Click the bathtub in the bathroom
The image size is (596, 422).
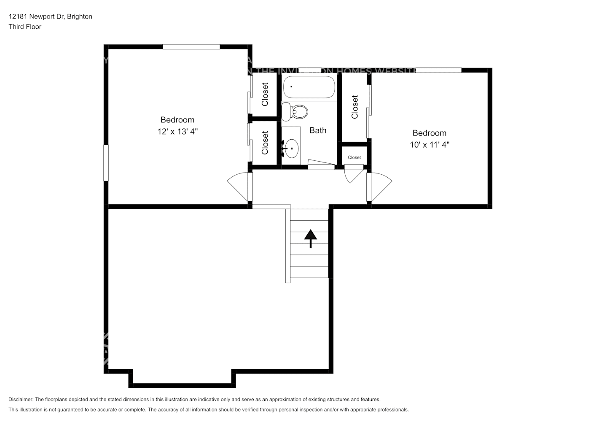[x=309, y=87]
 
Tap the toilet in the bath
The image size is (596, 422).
[x=296, y=111]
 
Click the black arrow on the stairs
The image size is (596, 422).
[x=311, y=238]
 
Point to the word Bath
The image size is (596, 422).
[x=318, y=130]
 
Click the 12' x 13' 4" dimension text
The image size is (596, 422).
[x=177, y=132]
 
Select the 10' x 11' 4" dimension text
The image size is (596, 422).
[x=430, y=145]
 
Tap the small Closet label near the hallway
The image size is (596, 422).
[x=354, y=157]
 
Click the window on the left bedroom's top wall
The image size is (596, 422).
[x=191, y=47]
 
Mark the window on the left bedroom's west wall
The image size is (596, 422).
[x=106, y=163]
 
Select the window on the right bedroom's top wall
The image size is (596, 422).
[x=438, y=70]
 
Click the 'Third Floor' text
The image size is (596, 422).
[x=25, y=27]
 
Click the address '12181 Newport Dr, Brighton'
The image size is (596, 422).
[x=50, y=16]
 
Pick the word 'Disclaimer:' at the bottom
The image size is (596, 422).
[x=21, y=399]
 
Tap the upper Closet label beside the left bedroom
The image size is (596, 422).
[x=265, y=94]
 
